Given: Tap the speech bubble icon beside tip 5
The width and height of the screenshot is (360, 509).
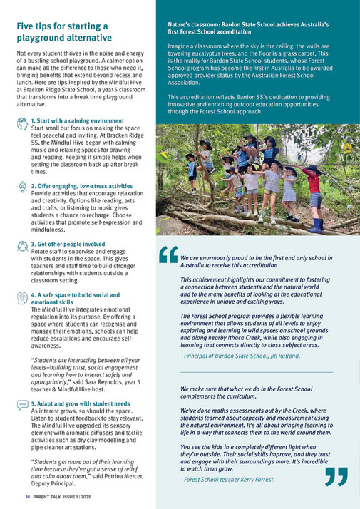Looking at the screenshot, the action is (x=22, y=406).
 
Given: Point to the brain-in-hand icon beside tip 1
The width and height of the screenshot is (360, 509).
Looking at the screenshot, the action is (x=22, y=123).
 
